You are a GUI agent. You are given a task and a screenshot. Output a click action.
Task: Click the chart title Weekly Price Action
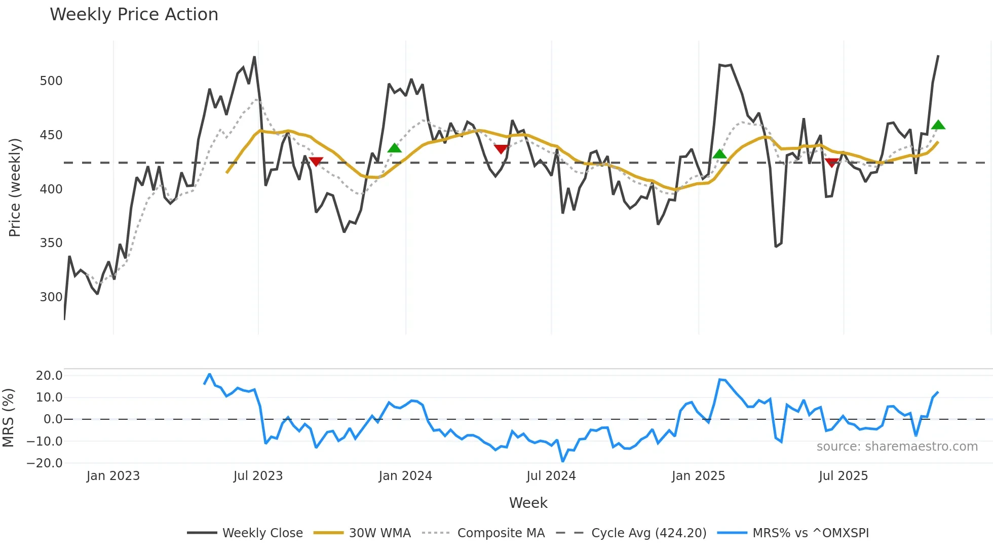(134, 15)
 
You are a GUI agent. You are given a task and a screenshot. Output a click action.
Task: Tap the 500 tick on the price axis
(51, 81)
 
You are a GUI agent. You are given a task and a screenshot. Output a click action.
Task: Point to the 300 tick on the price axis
(51, 297)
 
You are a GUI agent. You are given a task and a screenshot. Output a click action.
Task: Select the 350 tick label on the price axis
(51, 243)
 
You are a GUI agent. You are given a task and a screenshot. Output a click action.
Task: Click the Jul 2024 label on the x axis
(551, 476)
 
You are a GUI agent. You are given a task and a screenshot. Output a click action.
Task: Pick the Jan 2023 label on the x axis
(113, 476)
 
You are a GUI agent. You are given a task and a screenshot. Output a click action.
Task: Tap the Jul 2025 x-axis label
(843, 476)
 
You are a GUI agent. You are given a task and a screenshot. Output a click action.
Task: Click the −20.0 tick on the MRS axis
(45, 463)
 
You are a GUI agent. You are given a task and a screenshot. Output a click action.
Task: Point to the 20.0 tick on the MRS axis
(49, 376)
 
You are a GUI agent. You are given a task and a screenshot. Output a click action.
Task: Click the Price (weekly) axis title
(15, 187)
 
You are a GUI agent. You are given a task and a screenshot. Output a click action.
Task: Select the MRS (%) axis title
(9, 418)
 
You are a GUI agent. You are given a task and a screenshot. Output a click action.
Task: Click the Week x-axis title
(528, 503)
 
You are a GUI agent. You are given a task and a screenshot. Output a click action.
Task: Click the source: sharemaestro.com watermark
(897, 447)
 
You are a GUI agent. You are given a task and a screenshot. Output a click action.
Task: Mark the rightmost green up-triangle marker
(938, 125)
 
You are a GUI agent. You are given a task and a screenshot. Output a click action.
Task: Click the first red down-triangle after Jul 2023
(316, 162)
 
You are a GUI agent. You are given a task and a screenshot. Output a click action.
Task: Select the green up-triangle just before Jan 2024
(394, 148)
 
